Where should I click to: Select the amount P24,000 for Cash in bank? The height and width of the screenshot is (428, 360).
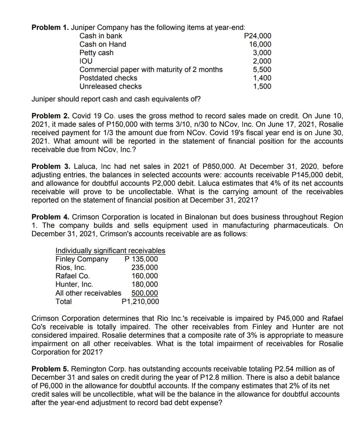click(x=257, y=36)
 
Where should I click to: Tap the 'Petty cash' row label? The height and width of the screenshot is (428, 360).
click(x=96, y=53)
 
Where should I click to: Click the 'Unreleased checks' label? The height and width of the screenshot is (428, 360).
click(x=110, y=87)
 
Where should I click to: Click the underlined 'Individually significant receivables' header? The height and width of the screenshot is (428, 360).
click(x=111, y=251)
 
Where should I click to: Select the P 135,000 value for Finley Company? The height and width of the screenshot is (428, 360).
click(x=141, y=259)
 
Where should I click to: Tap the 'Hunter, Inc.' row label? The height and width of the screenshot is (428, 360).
click(x=74, y=284)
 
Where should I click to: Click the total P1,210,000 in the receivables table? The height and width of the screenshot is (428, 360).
click(x=140, y=302)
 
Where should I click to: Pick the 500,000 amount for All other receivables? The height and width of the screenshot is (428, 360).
click(x=145, y=293)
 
